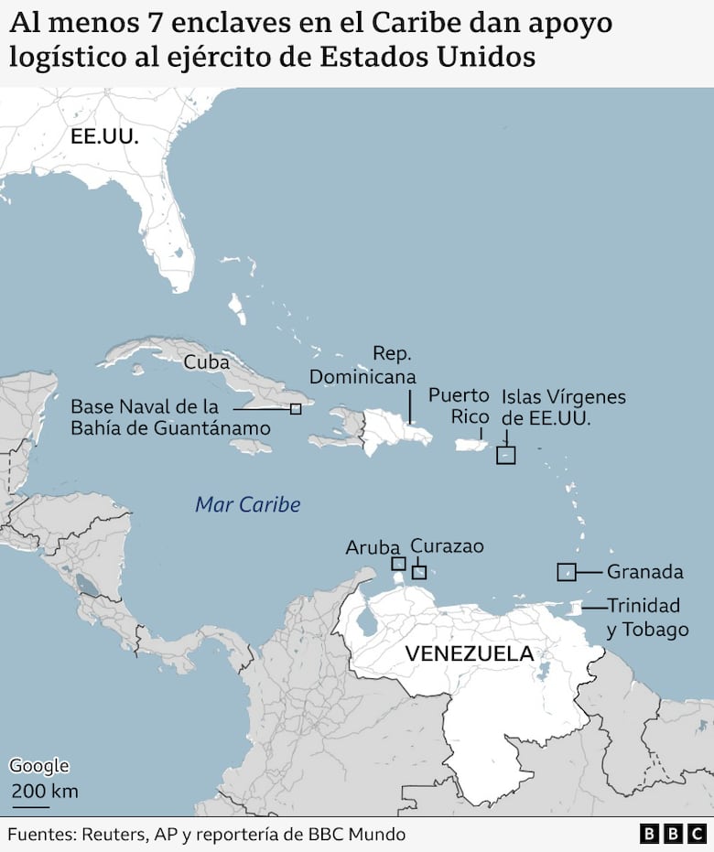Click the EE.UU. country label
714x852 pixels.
(x=104, y=137)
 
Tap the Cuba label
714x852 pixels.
(x=206, y=361)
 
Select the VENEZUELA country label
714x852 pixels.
(x=469, y=653)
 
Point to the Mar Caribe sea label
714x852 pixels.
(x=247, y=504)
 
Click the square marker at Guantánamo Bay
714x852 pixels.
(x=296, y=409)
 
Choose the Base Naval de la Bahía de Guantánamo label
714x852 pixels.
(x=170, y=417)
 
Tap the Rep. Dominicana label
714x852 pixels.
(x=362, y=365)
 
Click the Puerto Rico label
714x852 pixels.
(x=459, y=406)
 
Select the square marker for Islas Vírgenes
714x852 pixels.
(x=505, y=455)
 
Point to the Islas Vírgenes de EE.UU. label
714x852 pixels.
(x=563, y=407)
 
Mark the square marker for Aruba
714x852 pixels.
(x=398, y=564)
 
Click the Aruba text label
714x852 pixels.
(x=373, y=547)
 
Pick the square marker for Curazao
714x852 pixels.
(x=419, y=573)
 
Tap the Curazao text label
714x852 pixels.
(x=447, y=546)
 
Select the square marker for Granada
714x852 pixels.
(x=567, y=572)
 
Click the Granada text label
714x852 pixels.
(x=645, y=572)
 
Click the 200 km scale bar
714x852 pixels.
(x=31, y=807)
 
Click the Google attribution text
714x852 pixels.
(x=39, y=766)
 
